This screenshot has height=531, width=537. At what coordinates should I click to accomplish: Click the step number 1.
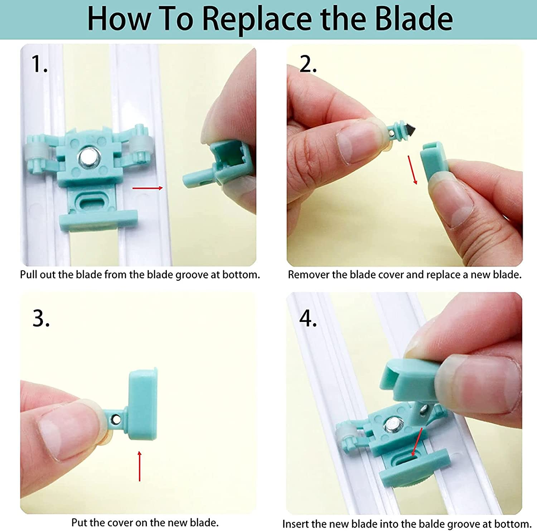click(x=39, y=64)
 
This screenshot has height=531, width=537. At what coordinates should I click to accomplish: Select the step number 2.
click(x=308, y=64)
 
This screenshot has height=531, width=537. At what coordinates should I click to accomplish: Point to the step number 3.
click(x=41, y=318)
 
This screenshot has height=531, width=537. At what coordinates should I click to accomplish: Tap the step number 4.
click(x=308, y=318)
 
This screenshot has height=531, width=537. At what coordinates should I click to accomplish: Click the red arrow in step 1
click(x=147, y=188)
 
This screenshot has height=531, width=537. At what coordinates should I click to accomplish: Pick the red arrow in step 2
click(x=412, y=170)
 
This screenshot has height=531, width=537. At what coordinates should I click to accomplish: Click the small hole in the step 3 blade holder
click(x=116, y=418)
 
